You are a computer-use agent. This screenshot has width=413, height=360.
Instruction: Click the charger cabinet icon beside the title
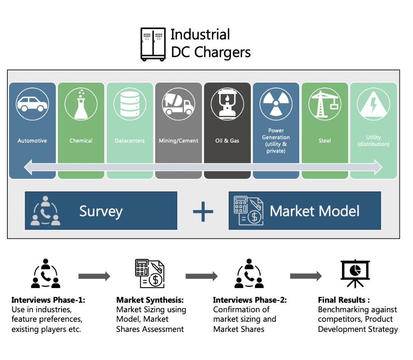[x=153, y=44]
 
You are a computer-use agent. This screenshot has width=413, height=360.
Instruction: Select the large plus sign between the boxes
[x=203, y=211]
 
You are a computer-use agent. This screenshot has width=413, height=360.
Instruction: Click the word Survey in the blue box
[x=101, y=211]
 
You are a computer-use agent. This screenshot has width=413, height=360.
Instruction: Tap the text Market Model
[x=314, y=211]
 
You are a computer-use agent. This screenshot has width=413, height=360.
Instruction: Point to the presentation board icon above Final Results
[x=355, y=273]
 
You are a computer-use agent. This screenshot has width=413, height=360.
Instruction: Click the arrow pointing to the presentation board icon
[x=306, y=276]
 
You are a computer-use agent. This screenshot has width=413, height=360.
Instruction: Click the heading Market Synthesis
[x=150, y=300]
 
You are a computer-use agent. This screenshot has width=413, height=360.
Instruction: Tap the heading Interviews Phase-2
[x=250, y=300]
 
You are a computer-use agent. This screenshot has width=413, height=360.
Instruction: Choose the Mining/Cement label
[x=178, y=141]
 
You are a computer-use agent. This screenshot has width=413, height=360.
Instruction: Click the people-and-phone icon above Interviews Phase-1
[x=46, y=273]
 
